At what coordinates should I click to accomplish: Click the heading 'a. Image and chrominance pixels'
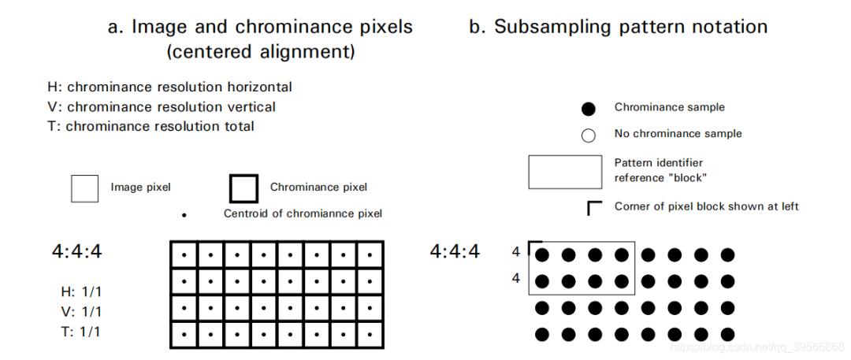(260, 27)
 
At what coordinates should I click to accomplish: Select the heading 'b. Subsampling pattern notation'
(619, 27)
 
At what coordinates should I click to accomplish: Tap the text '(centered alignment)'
(260, 54)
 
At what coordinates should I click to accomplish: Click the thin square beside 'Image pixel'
(84, 187)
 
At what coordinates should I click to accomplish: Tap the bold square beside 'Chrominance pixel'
(243, 187)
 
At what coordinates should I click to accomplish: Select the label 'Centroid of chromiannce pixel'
(303, 213)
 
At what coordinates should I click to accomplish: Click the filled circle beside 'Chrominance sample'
(588, 109)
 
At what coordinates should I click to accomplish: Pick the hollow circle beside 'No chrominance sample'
(588, 135)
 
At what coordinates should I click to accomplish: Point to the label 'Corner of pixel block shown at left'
(706, 206)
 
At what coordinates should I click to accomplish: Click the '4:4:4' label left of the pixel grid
(77, 252)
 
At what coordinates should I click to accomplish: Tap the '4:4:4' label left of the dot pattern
(455, 252)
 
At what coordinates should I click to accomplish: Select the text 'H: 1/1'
(80, 291)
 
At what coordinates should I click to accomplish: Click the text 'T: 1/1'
(80, 332)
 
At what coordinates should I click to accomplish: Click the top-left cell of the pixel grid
(184, 254)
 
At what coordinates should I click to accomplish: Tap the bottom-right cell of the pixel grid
(370, 335)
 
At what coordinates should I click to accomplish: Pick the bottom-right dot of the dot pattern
(727, 335)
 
